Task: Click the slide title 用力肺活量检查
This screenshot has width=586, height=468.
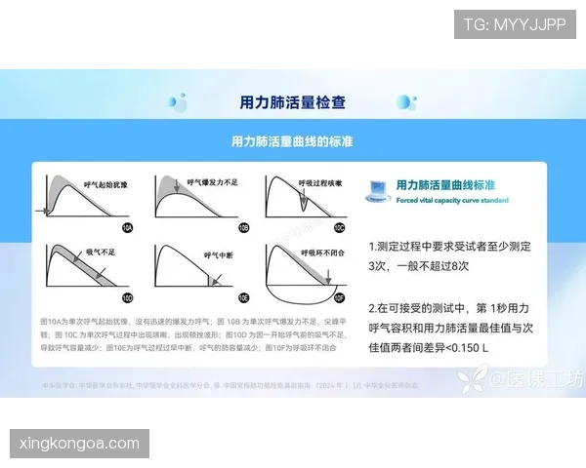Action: pyautogui.click(x=292, y=101)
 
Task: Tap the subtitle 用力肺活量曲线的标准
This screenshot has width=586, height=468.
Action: pyautogui.click(x=292, y=142)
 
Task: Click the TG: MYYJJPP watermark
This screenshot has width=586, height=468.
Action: pyautogui.click(x=515, y=24)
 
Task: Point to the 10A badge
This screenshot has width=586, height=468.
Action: pyautogui.click(x=127, y=226)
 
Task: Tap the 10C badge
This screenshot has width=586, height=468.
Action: pyautogui.click(x=339, y=226)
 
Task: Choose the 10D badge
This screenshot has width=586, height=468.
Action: pyautogui.click(x=127, y=296)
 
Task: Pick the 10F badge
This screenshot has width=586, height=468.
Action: pyautogui.click(x=339, y=296)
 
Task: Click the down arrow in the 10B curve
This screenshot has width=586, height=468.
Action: pyautogui.click(x=177, y=185)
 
